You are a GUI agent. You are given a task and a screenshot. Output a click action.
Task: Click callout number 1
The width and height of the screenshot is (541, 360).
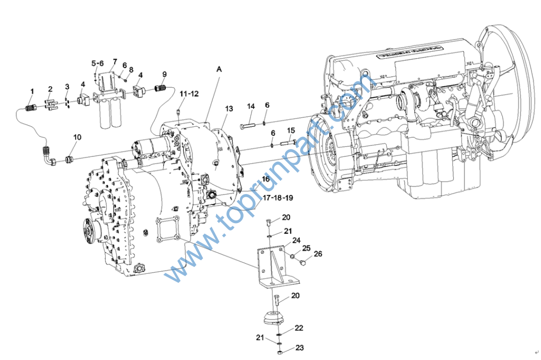pyautogui.click(x=32, y=91)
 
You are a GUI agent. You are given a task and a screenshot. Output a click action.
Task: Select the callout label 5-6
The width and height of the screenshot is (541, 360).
pyautogui.click(x=98, y=63)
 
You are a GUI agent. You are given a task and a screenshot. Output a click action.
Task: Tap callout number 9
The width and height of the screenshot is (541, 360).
pyautogui.click(x=164, y=74)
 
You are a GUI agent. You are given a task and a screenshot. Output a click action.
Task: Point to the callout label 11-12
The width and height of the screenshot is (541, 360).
pyautogui.click(x=189, y=94)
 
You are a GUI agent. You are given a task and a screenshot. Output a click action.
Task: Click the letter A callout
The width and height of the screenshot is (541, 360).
pyautogui.click(x=219, y=69)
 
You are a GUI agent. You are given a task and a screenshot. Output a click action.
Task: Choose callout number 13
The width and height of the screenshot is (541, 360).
pyautogui.click(x=228, y=108)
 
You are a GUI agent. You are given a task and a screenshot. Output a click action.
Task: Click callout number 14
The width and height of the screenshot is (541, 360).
pyautogui.click(x=250, y=106)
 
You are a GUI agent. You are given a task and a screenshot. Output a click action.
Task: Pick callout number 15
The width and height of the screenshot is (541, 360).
pyautogui.click(x=291, y=131)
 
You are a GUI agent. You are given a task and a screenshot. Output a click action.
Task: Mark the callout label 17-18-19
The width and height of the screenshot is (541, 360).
pyautogui.click(x=278, y=198)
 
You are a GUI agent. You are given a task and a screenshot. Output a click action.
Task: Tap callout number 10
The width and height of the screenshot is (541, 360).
pyautogui.click(x=77, y=137)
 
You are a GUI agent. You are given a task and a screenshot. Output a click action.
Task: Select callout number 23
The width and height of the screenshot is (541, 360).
pyautogui.click(x=300, y=348)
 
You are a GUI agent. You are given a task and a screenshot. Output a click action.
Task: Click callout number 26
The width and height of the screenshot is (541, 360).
pyautogui.click(x=318, y=254)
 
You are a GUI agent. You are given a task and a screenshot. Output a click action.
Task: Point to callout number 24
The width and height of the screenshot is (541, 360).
pyautogui.click(x=296, y=240)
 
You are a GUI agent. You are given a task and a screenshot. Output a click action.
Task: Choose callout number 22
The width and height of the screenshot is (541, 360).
pyautogui.click(x=299, y=328)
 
